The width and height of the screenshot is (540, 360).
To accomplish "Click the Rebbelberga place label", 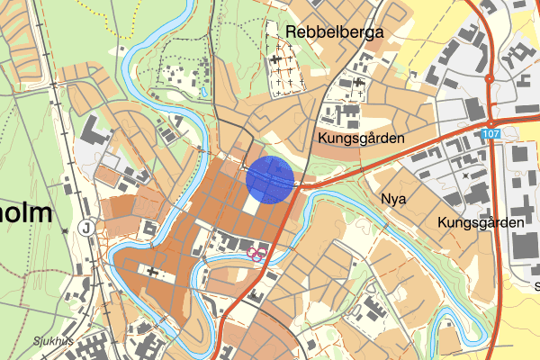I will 335,32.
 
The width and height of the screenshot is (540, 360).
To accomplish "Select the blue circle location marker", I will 272,178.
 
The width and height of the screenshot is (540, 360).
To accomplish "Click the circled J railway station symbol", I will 85,227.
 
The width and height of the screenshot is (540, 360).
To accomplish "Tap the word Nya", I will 394,197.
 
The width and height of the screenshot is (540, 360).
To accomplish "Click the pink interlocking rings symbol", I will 256,254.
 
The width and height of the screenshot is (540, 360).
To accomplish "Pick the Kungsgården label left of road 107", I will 360,139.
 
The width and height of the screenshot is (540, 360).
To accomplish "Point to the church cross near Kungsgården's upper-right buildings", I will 360,83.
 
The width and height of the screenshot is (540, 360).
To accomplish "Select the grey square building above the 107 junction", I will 474,109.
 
